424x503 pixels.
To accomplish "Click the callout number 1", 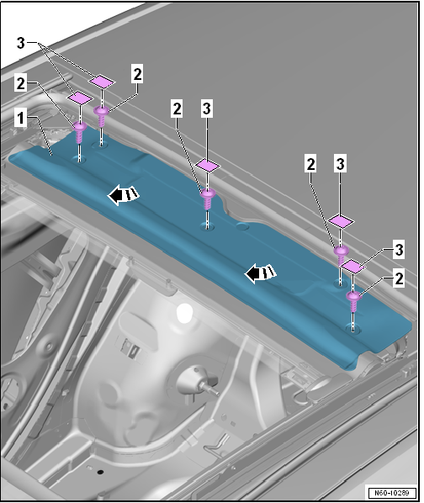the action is tap(21, 118).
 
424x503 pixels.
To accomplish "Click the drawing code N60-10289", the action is tap(392, 493).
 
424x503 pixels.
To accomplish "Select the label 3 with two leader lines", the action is tap(20, 43).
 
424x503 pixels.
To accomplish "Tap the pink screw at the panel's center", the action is tap(208, 199).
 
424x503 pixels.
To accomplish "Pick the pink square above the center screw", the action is tap(208, 166).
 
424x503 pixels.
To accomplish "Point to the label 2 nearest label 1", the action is tap(20, 84).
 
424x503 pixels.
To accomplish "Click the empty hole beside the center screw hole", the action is tap(242, 227).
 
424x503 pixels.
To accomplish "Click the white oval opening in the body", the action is tap(185, 313).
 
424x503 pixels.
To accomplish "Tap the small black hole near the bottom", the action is tap(100, 472).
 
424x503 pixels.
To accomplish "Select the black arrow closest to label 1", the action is tap(123, 194).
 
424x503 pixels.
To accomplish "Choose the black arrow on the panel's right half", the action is tap(260, 273).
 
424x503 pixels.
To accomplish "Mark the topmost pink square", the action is tap(102, 81).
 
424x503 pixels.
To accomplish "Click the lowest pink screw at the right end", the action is tap(353, 301).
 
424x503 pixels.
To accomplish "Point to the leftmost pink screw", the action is tap(80, 132).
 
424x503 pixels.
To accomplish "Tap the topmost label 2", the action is tap(137, 74).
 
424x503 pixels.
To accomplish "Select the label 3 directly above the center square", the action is tap(207, 109).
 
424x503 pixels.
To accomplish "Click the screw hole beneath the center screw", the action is tap(208, 226).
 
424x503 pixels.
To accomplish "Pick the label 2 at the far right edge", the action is tap(399, 278).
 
